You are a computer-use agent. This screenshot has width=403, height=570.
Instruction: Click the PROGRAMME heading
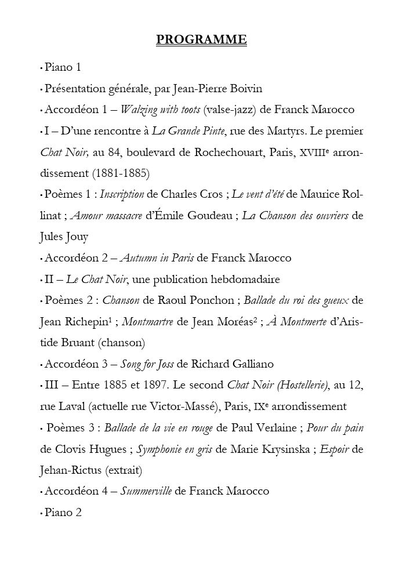tap(202, 40)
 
